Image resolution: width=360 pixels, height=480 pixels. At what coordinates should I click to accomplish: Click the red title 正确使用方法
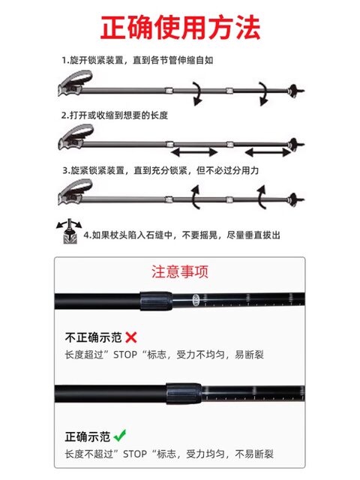180,28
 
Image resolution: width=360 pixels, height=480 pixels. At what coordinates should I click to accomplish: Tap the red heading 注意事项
180,271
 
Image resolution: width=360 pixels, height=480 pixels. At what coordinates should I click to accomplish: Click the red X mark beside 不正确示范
131,337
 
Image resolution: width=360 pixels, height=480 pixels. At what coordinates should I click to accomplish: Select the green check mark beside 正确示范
120,435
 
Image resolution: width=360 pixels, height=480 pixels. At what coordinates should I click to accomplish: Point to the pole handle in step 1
75,83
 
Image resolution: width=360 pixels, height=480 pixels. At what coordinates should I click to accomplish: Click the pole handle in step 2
76,136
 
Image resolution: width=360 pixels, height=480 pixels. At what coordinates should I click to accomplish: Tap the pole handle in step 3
75,192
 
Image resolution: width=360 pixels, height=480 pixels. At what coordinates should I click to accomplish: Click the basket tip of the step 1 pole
295,90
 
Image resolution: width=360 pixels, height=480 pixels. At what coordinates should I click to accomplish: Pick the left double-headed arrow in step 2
194,151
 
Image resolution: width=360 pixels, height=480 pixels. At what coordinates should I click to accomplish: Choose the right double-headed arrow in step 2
268,151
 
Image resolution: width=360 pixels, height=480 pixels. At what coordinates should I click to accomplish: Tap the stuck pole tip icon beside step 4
69,231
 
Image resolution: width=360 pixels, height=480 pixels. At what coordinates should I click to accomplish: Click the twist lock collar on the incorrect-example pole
156,301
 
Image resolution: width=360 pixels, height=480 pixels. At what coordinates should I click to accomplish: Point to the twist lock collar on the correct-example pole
184,393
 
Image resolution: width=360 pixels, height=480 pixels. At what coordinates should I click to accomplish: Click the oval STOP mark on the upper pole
196,300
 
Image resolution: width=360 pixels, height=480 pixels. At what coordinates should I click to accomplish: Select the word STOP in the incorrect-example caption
125,355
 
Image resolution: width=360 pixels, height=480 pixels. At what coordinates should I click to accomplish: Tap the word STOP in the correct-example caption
135,454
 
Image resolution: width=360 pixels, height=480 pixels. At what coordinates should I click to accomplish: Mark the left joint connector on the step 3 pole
169,199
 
